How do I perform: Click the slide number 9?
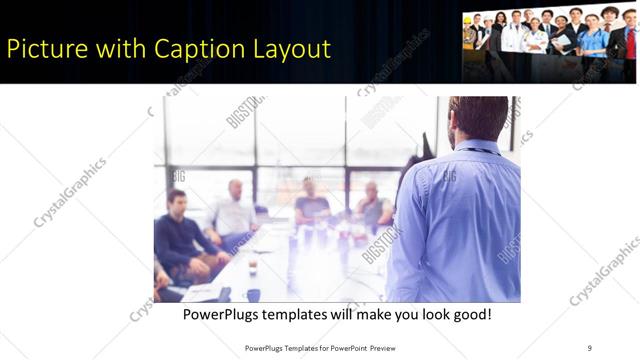[x=589, y=347]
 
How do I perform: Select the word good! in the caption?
[x=468, y=314]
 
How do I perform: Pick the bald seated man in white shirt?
[x=236, y=210]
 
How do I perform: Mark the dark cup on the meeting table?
[x=252, y=268]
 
